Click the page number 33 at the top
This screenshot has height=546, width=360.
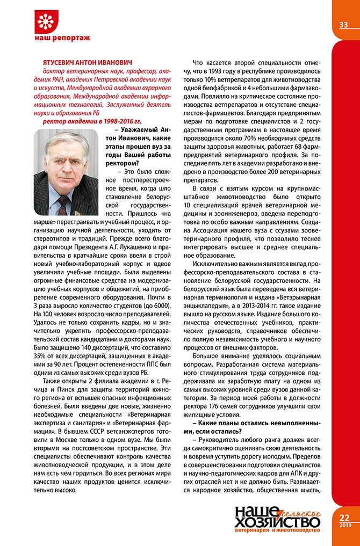click(344, 25)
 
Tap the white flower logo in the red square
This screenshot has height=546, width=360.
click(47, 21)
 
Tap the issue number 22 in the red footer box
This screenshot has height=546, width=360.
click(344, 518)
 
